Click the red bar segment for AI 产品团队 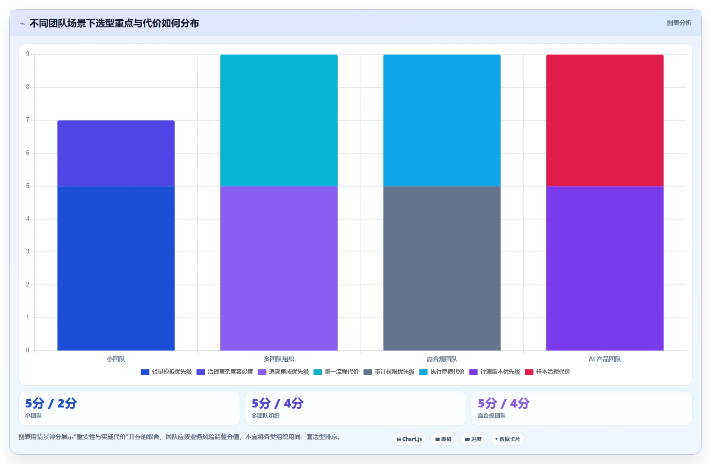[605, 120]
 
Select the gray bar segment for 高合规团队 [442, 268]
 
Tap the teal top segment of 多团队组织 [279, 120]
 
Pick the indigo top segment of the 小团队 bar [116, 153]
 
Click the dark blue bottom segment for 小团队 [116, 268]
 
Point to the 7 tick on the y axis [28, 120]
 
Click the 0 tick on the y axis [28, 350]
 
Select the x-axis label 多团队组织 [279, 359]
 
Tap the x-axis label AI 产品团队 [605, 359]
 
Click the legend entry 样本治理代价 [548, 372]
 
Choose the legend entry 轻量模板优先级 [167, 372]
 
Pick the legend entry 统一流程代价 [336, 372]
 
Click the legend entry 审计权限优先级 [389, 372]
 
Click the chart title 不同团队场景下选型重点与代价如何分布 [114, 23]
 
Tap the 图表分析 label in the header [679, 23]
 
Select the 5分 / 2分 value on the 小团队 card [51, 403]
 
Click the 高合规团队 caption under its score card [492, 416]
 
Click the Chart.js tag [409, 439]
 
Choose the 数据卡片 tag [507, 439]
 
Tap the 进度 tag [473, 439]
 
